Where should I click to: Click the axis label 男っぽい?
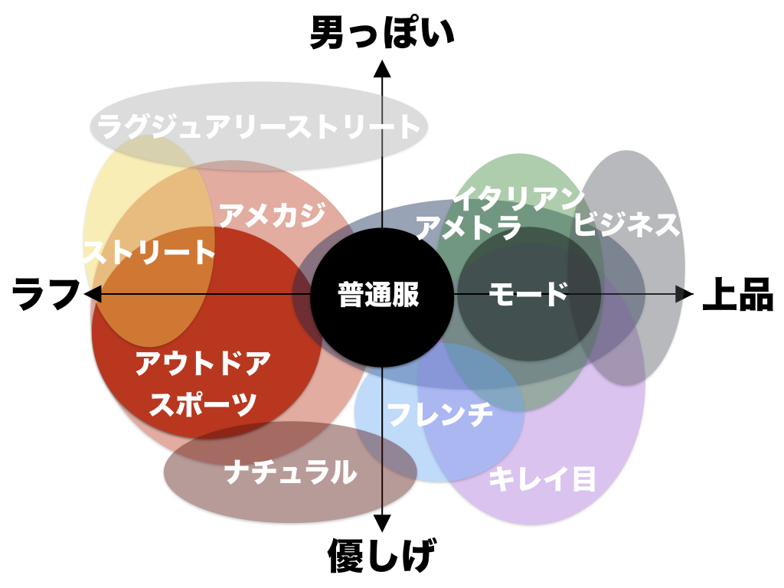pos(382,34)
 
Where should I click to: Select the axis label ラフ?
pos(47,294)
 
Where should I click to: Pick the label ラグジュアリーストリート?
pos(260,126)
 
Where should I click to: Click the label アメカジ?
pos(272,215)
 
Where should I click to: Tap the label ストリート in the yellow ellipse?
pos(149,252)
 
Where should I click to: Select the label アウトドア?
pos(203,364)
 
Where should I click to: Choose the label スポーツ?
pos(203,403)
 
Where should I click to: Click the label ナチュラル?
pos(291,472)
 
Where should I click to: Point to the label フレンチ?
pos(439,414)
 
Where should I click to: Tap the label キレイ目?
pos(542,479)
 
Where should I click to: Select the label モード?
pos(528,294)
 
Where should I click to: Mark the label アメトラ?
pos(468,227)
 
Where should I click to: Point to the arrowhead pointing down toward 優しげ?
pos(382,522)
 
